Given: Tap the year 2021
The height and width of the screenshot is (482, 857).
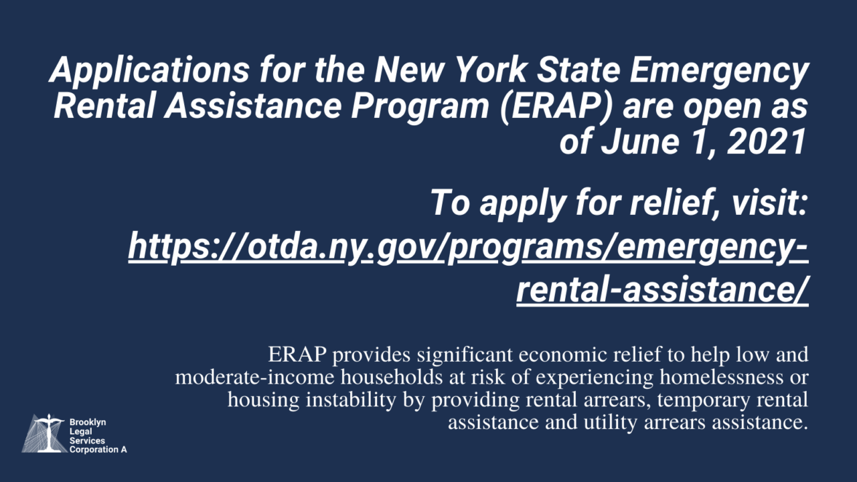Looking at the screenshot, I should [x=768, y=143].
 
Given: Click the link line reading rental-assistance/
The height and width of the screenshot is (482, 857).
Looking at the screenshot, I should [x=662, y=291].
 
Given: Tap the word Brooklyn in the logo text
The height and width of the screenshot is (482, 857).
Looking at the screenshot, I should [x=88, y=423].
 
